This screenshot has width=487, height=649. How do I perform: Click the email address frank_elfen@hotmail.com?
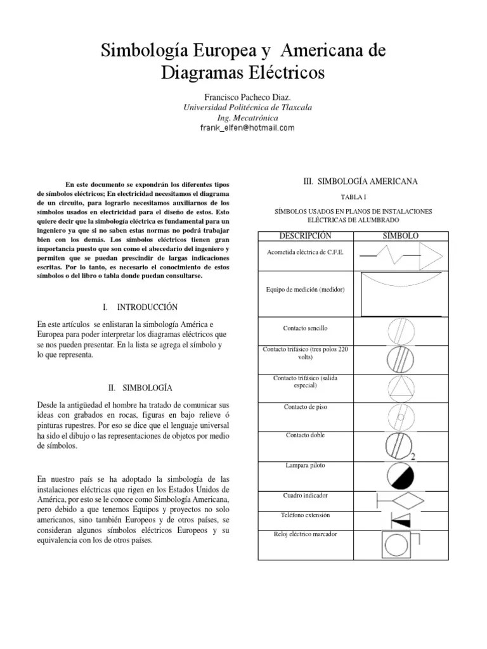point(247,128)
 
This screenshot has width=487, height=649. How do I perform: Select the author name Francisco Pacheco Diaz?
point(247,97)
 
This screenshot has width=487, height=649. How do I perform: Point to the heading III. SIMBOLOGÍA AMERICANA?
point(361,182)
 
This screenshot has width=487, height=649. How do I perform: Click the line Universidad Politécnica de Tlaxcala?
point(247,108)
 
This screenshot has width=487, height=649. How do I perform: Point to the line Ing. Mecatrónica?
point(247,118)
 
